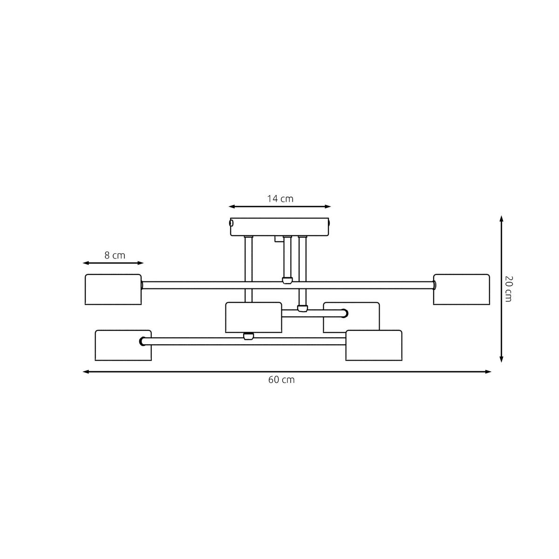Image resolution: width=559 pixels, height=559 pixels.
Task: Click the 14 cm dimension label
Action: coord(280,199)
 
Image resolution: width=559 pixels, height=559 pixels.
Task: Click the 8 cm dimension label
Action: coord(115,255)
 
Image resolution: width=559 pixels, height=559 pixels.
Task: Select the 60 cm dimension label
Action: coord(281,380)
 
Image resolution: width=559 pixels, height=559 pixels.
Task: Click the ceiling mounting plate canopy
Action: coord(280,227)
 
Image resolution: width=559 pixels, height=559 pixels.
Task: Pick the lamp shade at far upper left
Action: coord(113,289)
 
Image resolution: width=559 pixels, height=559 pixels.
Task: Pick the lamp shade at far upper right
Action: coord(462,289)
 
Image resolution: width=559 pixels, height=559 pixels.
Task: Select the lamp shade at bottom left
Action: coord(123,345)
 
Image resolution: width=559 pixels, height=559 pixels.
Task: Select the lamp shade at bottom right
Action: coord(374,345)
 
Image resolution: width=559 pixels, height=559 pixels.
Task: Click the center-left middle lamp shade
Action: coord(253,317)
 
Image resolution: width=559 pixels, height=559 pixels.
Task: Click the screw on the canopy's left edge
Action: coord(231,223)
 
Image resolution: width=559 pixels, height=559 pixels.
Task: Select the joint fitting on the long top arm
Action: coord(287,280)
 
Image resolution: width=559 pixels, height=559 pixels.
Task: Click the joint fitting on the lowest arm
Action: coord(249,336)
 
